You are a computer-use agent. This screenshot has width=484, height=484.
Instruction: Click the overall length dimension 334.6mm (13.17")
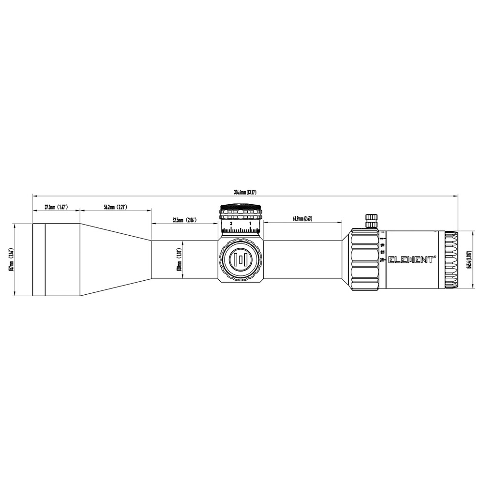coord(245,192)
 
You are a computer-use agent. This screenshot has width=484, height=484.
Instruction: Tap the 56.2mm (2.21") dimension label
coord(115,207)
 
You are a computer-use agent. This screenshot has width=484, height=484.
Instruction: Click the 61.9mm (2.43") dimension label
coord(302,219)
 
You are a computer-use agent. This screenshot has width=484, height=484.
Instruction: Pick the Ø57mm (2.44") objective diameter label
coord(11,259)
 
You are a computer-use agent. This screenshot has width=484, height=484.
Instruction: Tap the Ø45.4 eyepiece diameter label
coord(468,259)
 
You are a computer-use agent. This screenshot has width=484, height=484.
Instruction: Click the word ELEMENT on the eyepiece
coord(411,259)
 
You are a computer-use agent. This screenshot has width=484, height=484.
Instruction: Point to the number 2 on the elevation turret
coord(231,224)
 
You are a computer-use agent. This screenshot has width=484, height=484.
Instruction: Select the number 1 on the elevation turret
coord(250,224)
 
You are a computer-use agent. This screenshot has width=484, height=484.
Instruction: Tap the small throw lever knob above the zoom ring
coord(371,220)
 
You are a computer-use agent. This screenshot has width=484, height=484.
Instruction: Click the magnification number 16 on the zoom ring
coord(382,260)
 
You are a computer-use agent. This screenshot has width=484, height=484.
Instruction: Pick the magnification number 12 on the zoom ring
coord(382,252)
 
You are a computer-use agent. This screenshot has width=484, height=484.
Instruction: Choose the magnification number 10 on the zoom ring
coord(382,245)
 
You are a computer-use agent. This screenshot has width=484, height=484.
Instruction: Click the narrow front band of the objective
coord(39,259)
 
